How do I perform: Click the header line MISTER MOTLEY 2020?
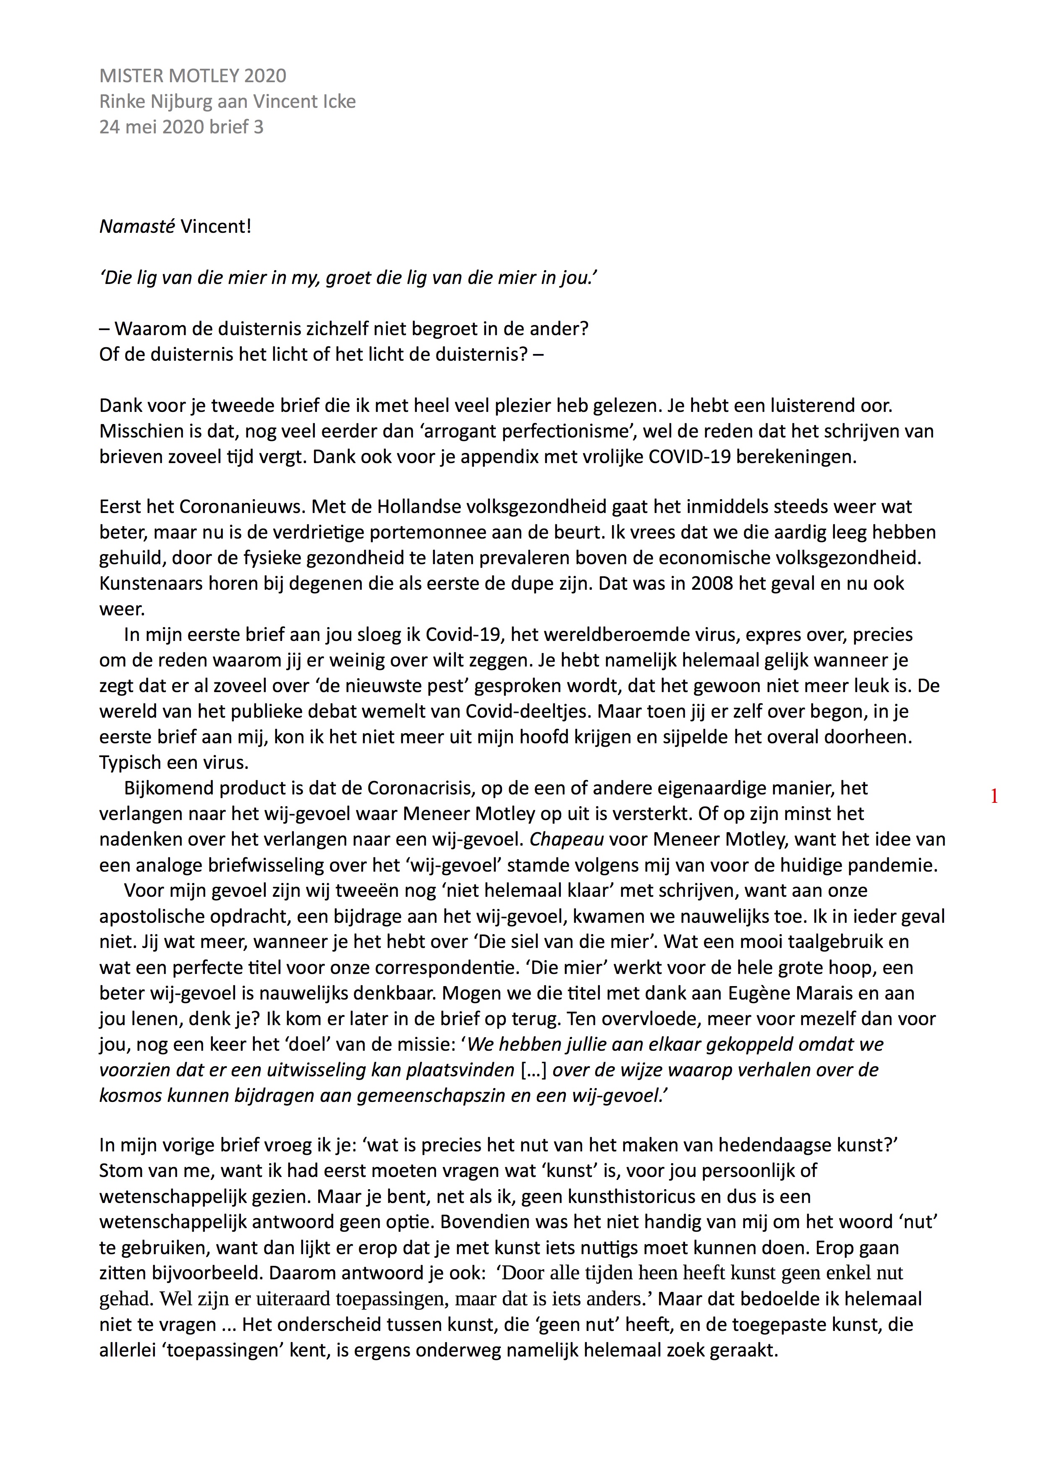(192, 76)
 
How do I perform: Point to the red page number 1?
(994, 797)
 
